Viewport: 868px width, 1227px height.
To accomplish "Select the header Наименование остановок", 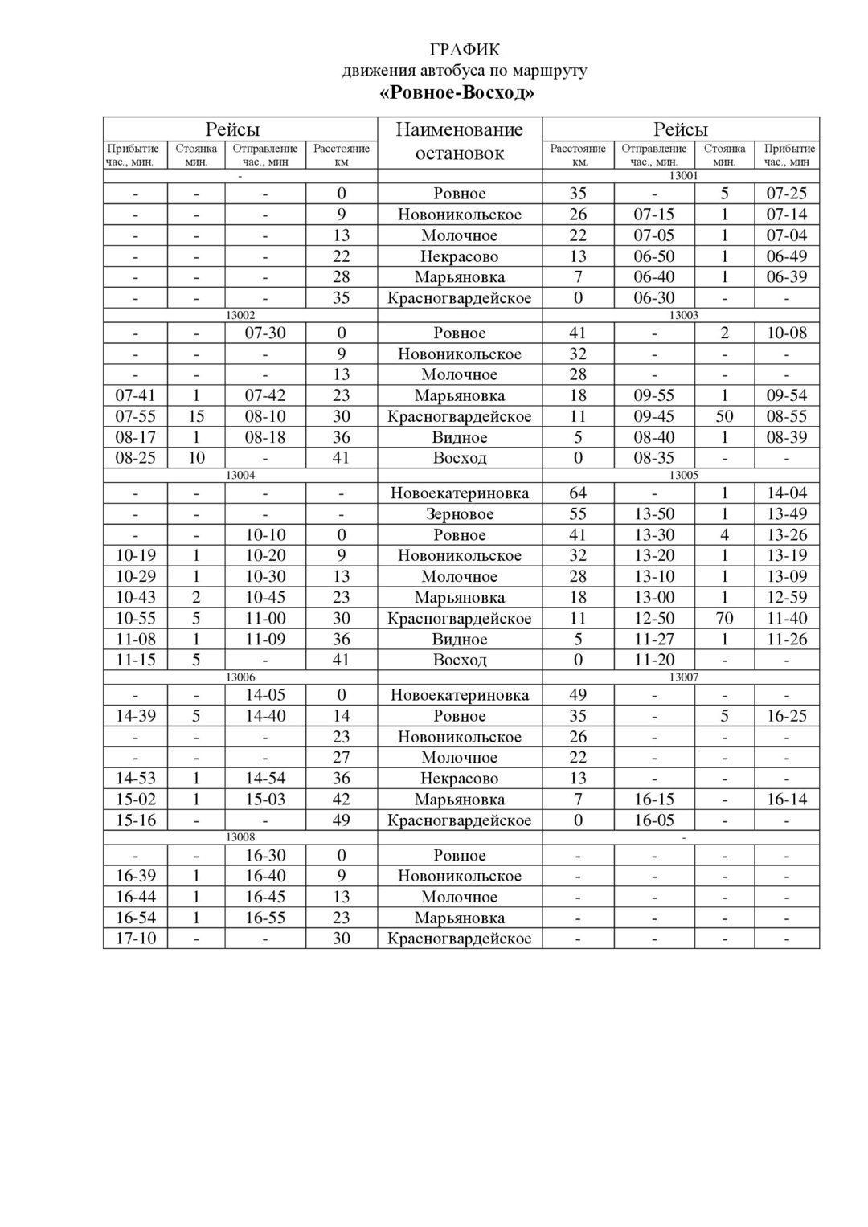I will [x=460, y=141].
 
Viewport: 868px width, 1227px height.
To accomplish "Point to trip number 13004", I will [x=240, y=475].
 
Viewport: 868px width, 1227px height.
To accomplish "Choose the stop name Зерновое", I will [x=460, y=514].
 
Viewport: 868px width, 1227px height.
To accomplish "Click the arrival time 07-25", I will [x=786, y=194].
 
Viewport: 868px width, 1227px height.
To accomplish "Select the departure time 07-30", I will [x=265, y=333].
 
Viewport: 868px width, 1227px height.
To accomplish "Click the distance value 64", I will [x=578, y=493].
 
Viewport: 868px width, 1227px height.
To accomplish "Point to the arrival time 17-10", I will [x=136, y=939].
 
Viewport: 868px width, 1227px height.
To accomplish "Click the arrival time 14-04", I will [x=786, y=493].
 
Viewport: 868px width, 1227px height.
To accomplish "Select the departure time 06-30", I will [x=654, y=298].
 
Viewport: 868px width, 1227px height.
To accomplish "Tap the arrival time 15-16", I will [x=136, y=820].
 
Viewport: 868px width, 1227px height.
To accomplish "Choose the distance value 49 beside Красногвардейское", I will [x=342, y=820].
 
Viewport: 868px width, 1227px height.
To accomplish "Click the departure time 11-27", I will [x=654, y=640].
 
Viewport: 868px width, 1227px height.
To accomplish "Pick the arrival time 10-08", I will [x=786, y=333].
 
